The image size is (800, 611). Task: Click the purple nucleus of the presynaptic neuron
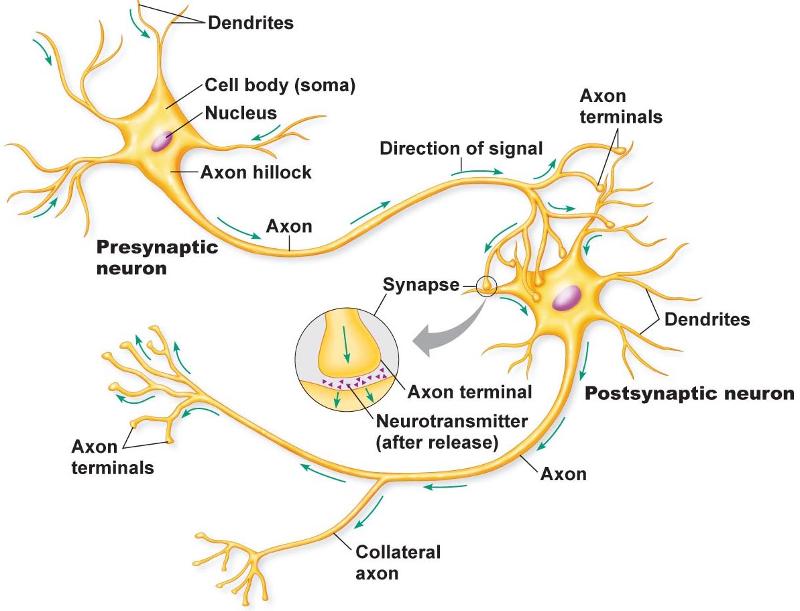point(162,140)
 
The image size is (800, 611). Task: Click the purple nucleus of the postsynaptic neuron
point(567,297)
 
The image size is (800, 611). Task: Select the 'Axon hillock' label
point(256,172)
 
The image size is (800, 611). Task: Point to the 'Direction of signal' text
point(461,149)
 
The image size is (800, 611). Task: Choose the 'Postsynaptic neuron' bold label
point(689,394)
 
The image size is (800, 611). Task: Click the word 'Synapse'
point(417,284)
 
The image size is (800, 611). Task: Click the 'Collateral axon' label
point(396,562)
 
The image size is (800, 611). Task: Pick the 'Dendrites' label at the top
point(250,22)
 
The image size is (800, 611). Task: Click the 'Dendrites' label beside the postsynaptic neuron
point(706,320)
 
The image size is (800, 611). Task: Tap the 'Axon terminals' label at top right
point(620,106)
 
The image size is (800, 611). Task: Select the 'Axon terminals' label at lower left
point(108,456)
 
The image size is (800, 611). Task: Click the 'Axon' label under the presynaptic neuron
point(288,226)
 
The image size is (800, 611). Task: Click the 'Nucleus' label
point(241,113)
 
